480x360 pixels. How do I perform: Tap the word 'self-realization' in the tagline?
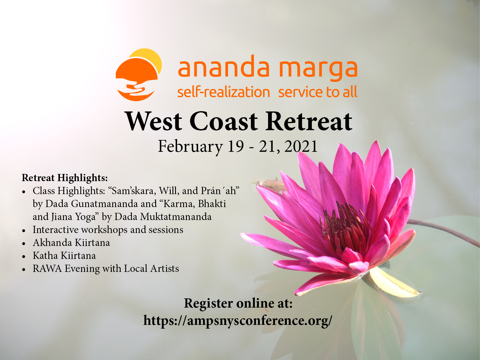[x=223, y=92]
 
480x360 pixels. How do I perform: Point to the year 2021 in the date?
[x=301, y=146]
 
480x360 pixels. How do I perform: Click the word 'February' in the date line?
[x=190, y=147]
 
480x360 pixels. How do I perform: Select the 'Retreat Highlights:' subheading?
[x=65, y=178]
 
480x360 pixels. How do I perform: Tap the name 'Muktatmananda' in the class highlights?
[x=176, y=217]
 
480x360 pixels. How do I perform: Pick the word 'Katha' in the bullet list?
[x=45, y=256]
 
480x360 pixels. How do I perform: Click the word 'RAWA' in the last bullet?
[x=47, y=269]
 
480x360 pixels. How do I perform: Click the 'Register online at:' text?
[x=238, y=304]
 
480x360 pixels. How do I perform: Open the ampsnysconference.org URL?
[x=238, y=321]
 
